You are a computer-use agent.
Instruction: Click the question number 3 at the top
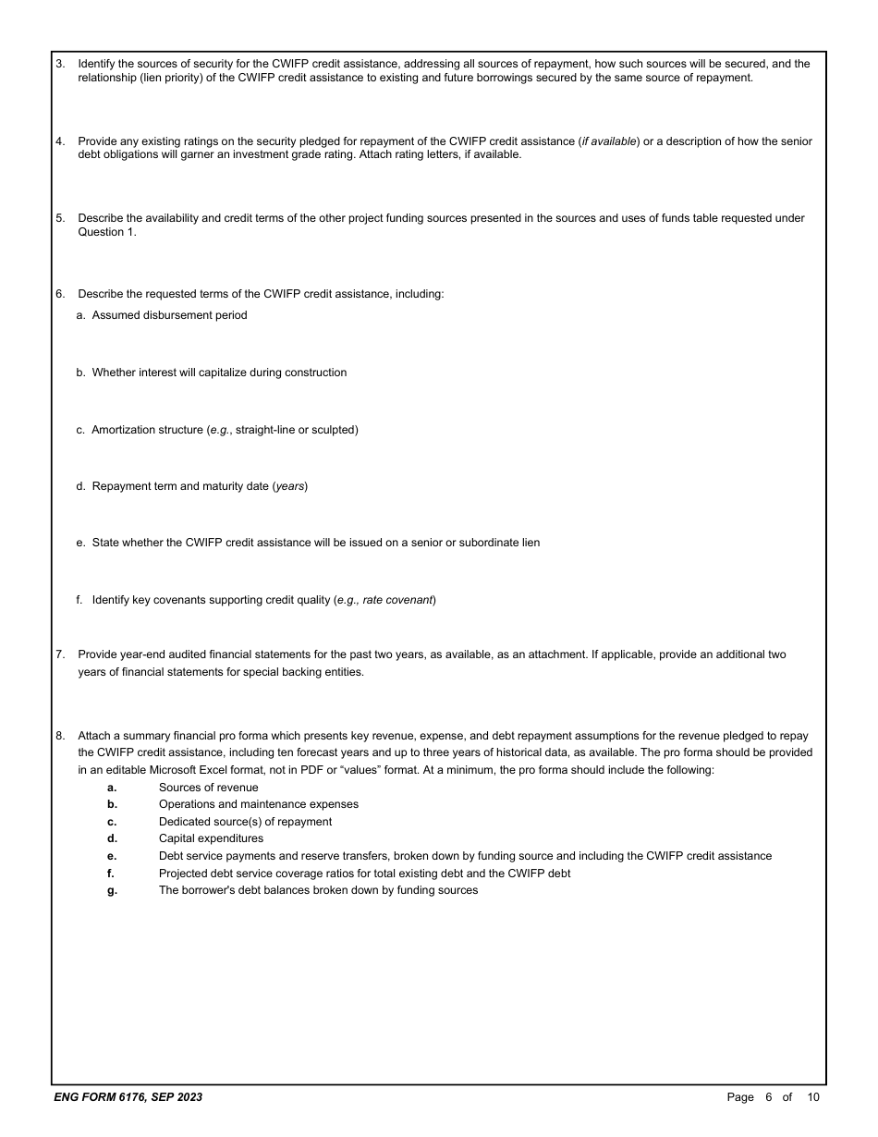60,64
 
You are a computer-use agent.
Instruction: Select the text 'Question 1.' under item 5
106,232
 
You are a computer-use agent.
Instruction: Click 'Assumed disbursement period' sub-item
169,315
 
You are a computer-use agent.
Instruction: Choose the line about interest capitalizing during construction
219,373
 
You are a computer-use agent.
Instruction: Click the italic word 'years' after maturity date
290,486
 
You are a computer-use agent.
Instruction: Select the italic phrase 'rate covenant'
397,600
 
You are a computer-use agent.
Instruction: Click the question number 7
60,654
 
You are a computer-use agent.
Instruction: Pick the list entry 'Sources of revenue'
208,788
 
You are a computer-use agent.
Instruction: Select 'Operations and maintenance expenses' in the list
258,804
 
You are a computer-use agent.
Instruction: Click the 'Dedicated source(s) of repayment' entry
245,822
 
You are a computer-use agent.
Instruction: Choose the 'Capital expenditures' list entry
211,838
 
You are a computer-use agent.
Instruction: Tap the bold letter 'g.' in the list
112,890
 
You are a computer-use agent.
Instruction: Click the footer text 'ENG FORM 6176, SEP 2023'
128,1097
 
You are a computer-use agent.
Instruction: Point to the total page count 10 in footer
812,1097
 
